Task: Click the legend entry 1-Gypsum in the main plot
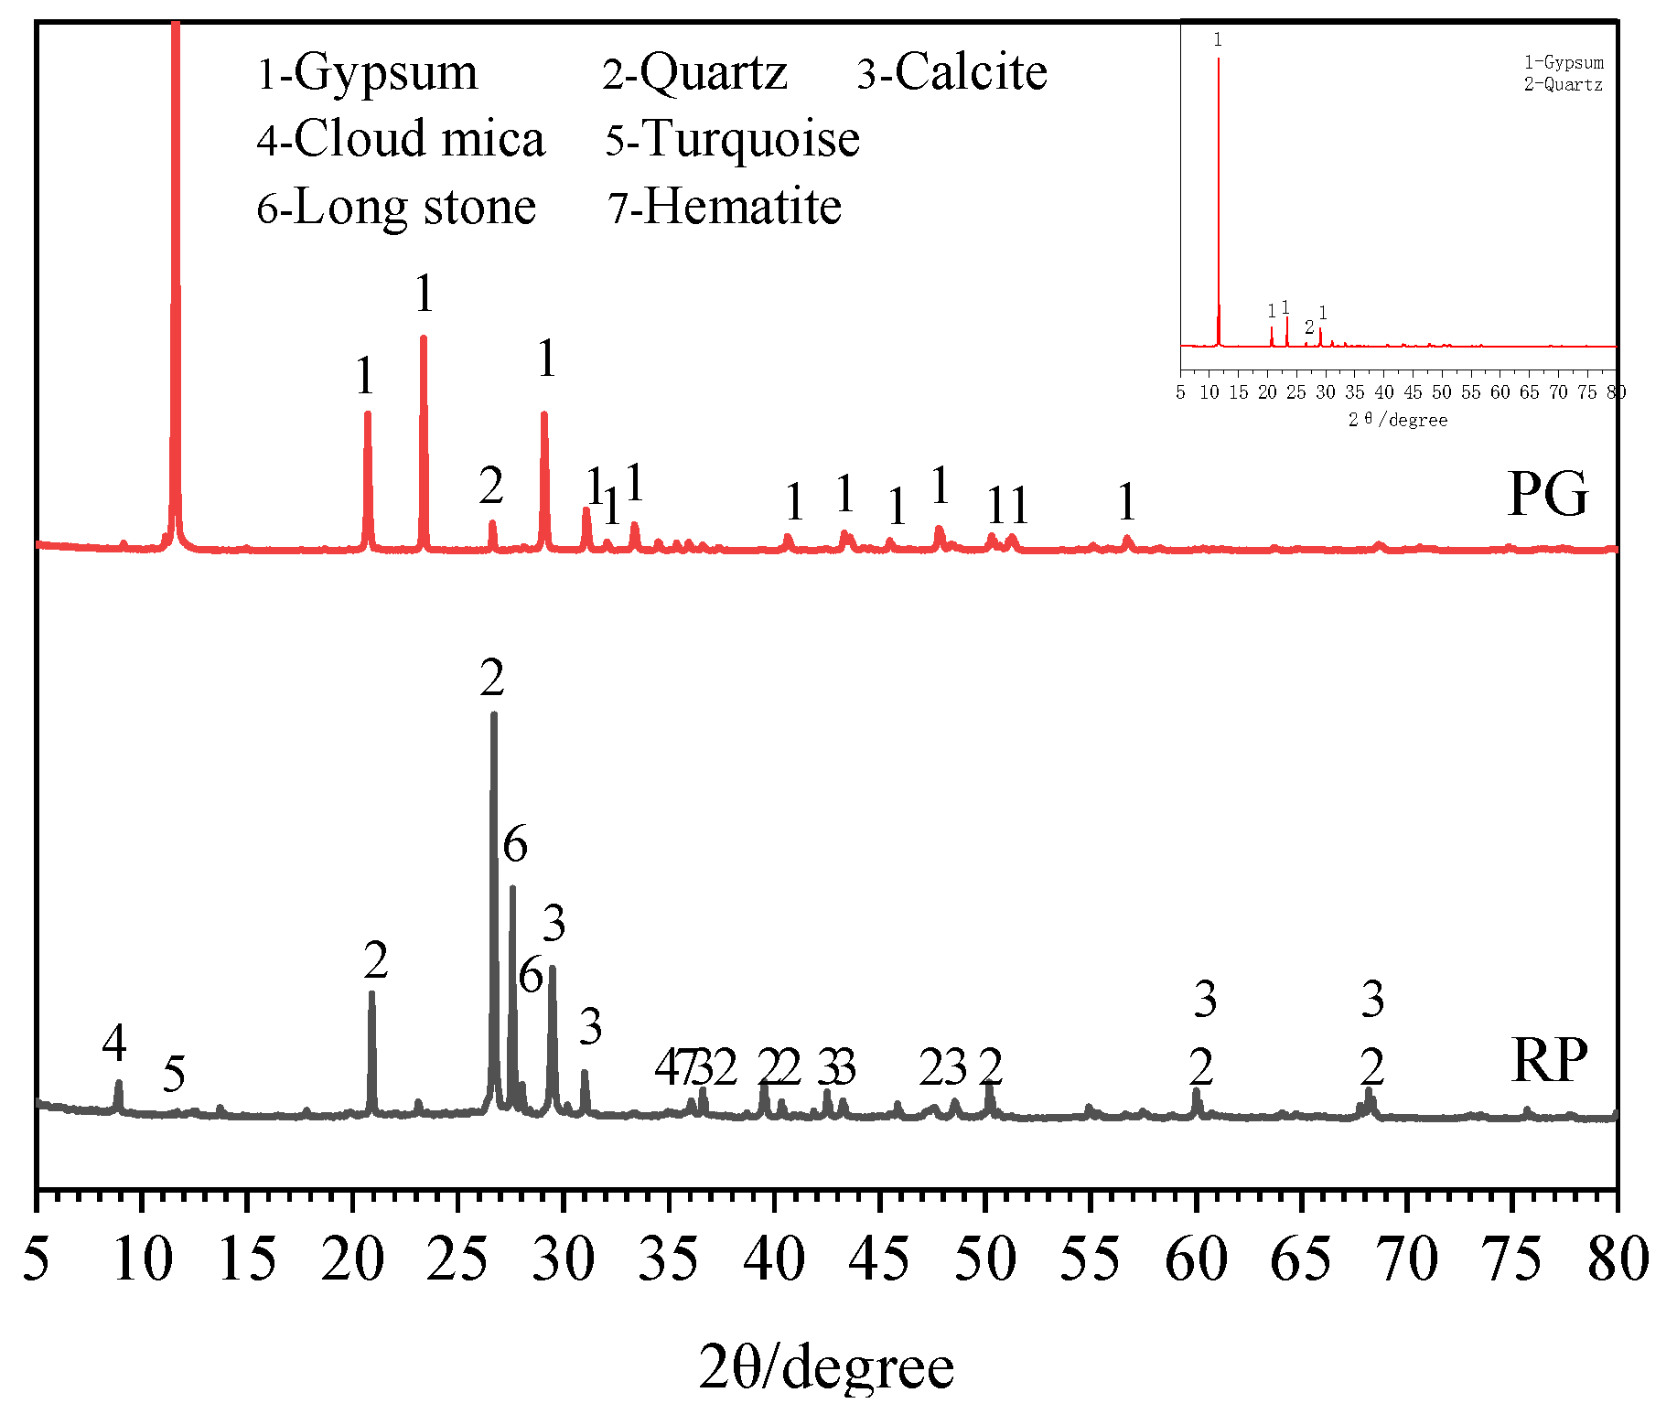(x=368, y=72)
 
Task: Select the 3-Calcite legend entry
(x=951, y=72)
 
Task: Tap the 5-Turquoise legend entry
(x=732, y=139)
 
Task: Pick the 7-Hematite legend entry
(x=725, y=207)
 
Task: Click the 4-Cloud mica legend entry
(x=401, y=139)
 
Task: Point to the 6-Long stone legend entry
(x=396, y=207)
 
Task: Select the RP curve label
(x=1549, y=1060)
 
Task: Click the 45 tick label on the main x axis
(x=879, y=1260)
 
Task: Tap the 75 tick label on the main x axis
(x=1512, y=1260)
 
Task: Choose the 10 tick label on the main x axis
(x=142, y=1260)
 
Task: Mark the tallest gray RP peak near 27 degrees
(x=494, y=718)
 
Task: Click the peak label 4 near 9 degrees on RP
(x=114, y=1043)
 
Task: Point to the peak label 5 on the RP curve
(x=174, y=1074)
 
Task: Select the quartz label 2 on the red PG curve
(x=491, y=486)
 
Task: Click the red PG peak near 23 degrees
(x=424, y=340)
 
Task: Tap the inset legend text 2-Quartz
(x=1563, y=85)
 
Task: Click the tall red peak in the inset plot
(x=1219, y=64)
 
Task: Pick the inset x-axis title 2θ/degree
(x=1398, y=420)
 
